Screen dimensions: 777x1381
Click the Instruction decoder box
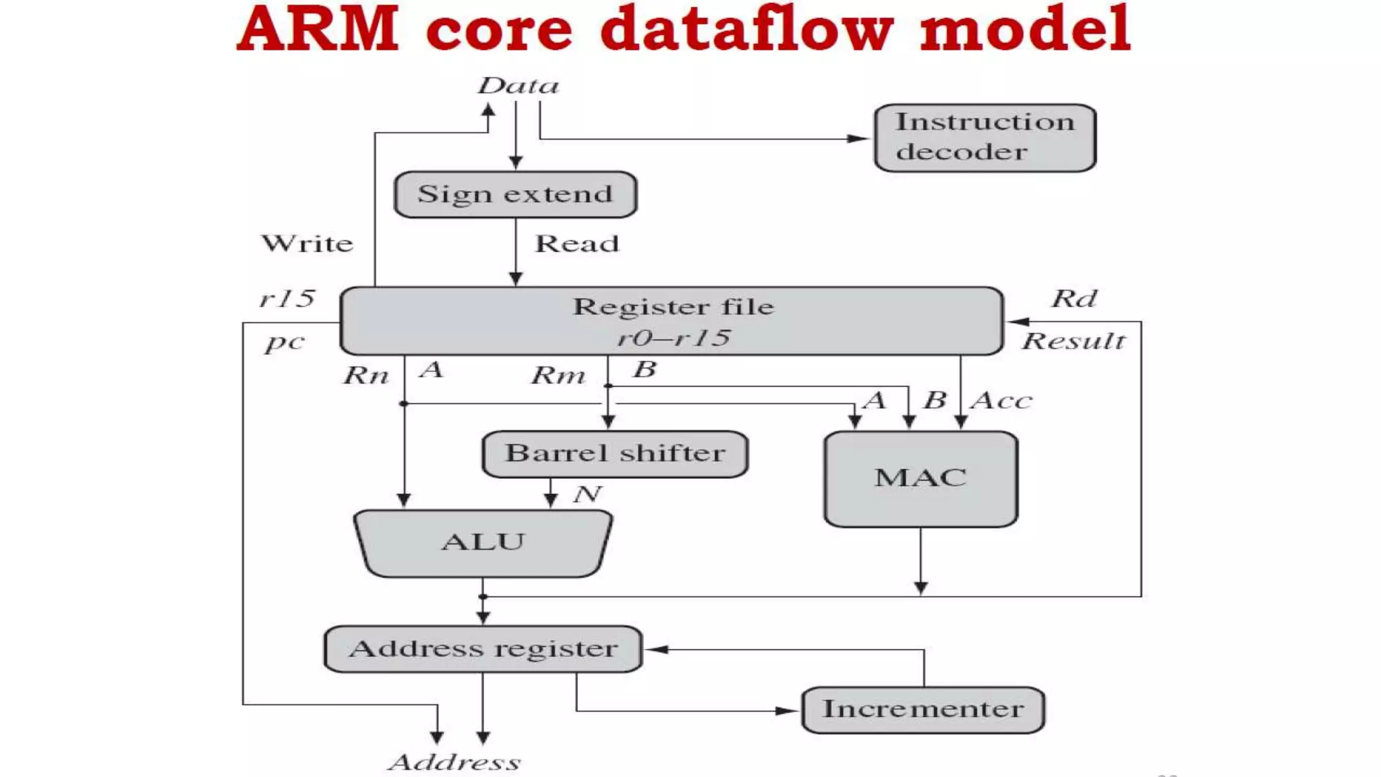(x=985, y=138)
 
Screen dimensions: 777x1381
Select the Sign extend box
(x=515, y=194)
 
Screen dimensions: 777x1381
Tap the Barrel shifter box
(x=615, y=454)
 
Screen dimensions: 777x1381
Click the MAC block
(x=920, y=479)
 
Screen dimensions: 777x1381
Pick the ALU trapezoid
(x=483, y=543)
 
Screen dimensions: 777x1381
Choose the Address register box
(x=483, y=649)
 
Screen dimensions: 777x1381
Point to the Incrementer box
(x=922, y=710)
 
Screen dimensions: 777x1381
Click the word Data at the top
(x=518, y=86)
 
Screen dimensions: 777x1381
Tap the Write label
(x=307, y=243)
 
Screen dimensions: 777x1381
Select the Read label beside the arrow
(x=577, y=243)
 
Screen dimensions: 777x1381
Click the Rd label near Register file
(x=1074, y=298)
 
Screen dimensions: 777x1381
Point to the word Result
(x=1074, y=341)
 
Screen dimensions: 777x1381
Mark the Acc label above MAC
(x=1001, y=401)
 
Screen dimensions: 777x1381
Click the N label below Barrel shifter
(x=587, y=494)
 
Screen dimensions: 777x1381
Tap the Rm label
(x=558, y=375)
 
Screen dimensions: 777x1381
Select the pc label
(x=284, y=343)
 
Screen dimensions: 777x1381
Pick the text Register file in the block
(x=673, y=307)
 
